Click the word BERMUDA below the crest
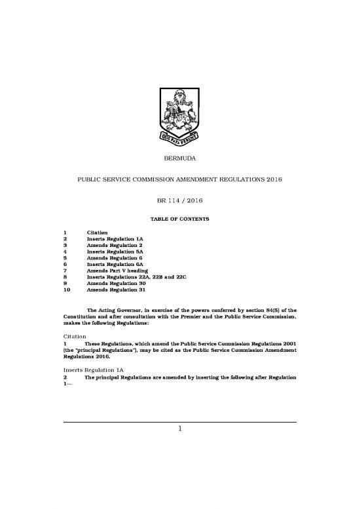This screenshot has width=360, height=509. click(x=179, y=159)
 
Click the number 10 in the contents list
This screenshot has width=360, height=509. click(x=66, y=295)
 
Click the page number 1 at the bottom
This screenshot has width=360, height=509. click(x=179, y=429)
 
